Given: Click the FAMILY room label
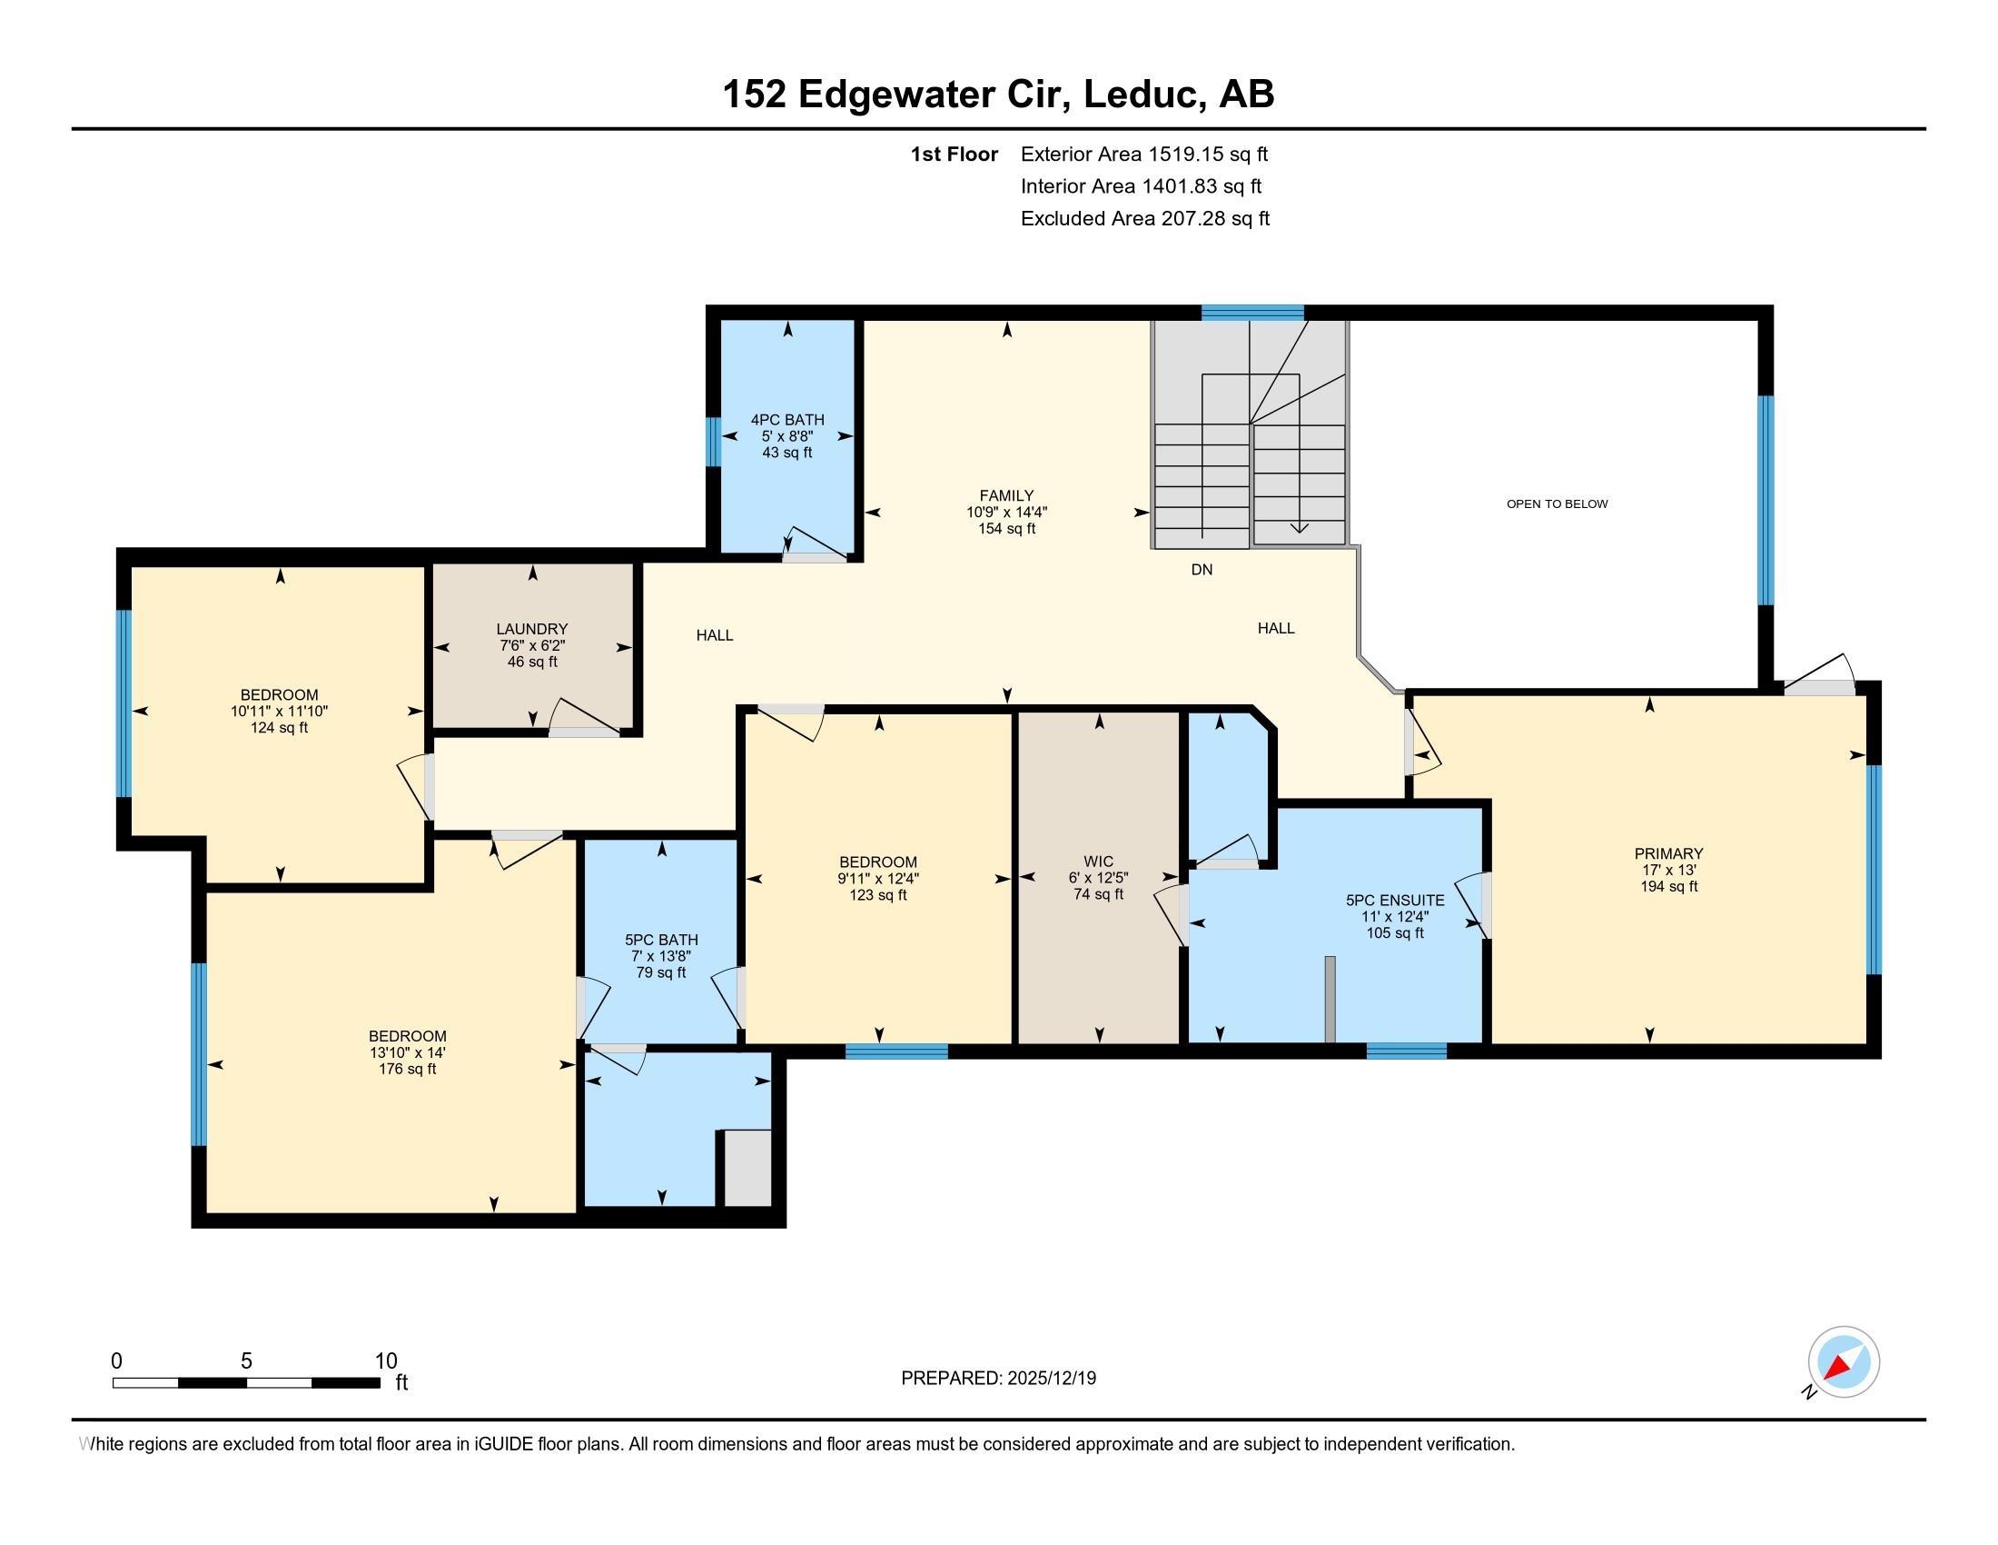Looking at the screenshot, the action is pyautogui.click(x=1006, y=496).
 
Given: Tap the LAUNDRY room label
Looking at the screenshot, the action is pyautogui.click(x=531, y=629).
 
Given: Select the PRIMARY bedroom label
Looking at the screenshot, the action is pyautogui.click(x=1668, y=854).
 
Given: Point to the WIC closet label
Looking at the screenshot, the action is pyautogui.click(x=1098, y=862).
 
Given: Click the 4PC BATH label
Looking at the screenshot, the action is pyautogui.click(x=786, y=420).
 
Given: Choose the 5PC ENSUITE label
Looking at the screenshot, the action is pyautogui.click(x=1395, y=901).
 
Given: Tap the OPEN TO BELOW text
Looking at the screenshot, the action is pyautogui.click(x=1557, y=503).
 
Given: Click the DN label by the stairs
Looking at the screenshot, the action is pyautogui.click(x=1202, y=569).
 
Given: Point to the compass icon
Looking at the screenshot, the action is pyautogui.click(x=1843, y=1362).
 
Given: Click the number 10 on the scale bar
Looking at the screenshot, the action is pyautogui.click(x=386, y=1361).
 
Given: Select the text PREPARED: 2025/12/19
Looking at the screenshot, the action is pyautogui.click(x=998, y=1379).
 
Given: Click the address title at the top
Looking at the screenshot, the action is pyautogui.click(x=998, y=94).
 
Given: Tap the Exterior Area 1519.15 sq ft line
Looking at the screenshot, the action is pyautogui.click(x=1144, y=154).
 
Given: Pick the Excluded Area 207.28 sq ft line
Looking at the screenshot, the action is pyautogui.click(x=1145, y=219).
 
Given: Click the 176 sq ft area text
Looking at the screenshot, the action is pyautogui.click(x=407, y=1069).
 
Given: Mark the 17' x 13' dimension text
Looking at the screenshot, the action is pyautogui.click(x=1668, y=871).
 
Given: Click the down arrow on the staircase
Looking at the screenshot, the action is pyautogui.click(x=1299, y=528).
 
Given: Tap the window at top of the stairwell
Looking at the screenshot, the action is pyautogui.click(x=1252, y=312).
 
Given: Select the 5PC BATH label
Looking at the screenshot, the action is pyautogui.click(x=661, y=940).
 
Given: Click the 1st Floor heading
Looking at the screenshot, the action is pyautogui.click(x=954, y=154).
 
